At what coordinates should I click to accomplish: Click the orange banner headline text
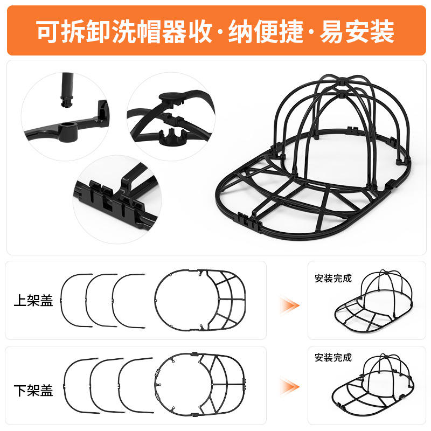215,31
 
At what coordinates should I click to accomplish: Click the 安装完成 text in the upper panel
333,279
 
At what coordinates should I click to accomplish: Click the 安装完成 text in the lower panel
333,357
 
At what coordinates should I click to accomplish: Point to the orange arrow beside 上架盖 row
289,305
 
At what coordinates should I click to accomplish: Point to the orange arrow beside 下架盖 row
289,386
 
